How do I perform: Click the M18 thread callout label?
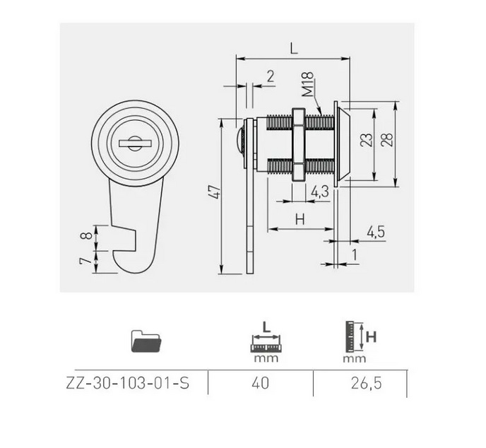click(x=308, y=84)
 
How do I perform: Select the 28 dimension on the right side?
click(x=387, y=139)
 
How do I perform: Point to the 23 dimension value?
click(x=367, y=140)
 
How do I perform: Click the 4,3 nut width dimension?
click(x=319, y=192)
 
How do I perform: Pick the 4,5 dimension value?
click(x=376, y=232)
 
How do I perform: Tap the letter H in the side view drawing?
click(x=300, y=220)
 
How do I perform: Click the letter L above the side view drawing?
click(x=294, y=49)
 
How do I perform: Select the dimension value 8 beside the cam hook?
click(x=86, y=235)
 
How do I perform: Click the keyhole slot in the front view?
click(x=135, y=143)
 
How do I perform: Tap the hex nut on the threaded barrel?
click(x=299, y=144)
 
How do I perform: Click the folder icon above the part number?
click(x=146, y=341)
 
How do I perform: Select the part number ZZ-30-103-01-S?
click(x=128, y=384)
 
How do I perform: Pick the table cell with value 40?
click(x=261, y=384)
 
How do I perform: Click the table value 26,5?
click(x=366, y=384)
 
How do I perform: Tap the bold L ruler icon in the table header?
click(x=266, y=341)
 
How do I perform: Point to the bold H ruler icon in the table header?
click(x=360, y=341)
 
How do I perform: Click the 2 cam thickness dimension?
click(x=271, y=76)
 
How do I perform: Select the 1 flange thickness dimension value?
click(x=355, y=255)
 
